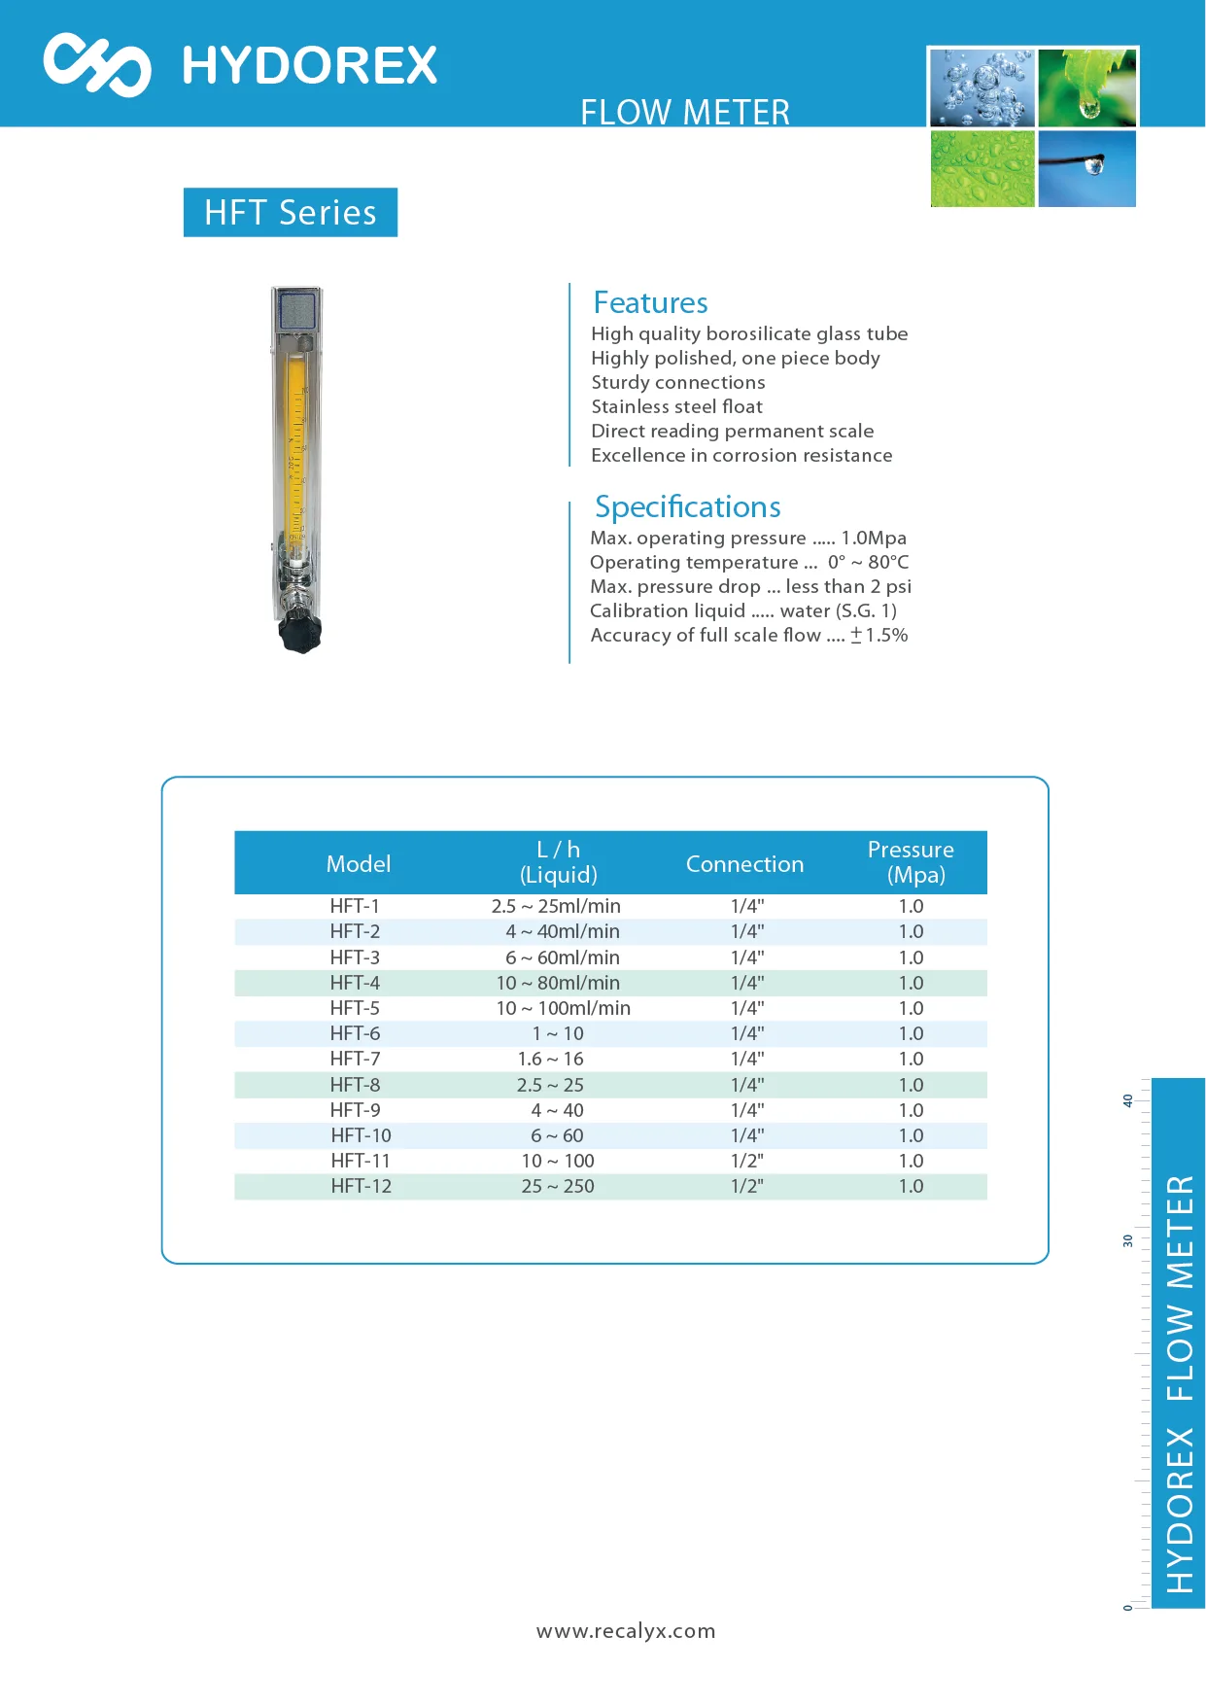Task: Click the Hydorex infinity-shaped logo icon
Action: [x=97, y=64]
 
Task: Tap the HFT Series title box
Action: [x=291, y=212]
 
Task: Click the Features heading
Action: [x=650, y=302]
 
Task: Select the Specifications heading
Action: [x=687, y=506]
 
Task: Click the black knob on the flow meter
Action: [x=300, y=633]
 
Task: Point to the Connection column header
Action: [x=744, y=863]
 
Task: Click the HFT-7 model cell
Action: [x=355, y=1059]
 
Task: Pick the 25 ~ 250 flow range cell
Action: [x=558, y=1186]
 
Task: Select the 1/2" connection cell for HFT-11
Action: [x=747, y=1161]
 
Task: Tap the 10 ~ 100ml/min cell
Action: [x=563, y=1008]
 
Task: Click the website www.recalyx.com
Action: [x=626, y=1630]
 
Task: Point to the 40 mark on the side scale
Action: [x=1128, y=1100]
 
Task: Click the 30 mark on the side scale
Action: [x=1128, y=1240]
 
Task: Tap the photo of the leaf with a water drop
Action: [x=1086, y=87]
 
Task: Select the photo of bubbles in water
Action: [x=982, y=87]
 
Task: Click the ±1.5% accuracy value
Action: [x=879, y=635]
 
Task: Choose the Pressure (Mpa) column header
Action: [x=911, y=862]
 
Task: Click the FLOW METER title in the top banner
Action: [x=685, y=112]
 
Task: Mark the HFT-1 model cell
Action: [x=355, y=906]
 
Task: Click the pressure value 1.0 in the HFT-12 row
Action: [x=911, y=1186]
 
